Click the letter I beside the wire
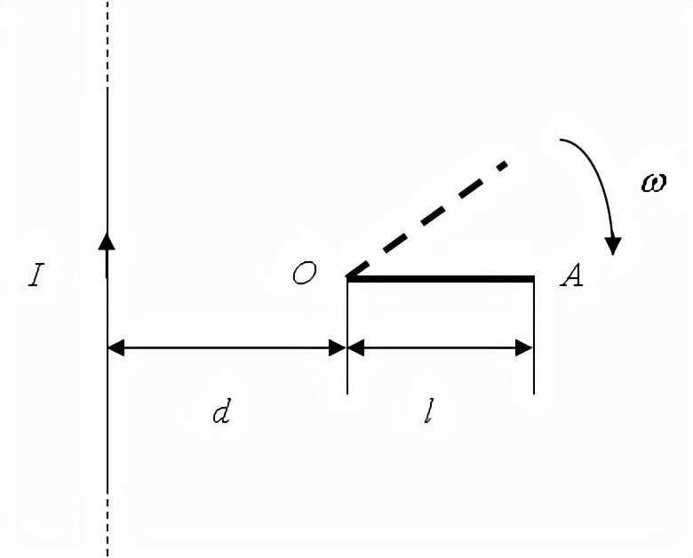pos(36,275)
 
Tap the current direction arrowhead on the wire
pos(108,242)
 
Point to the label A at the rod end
pos(571,276)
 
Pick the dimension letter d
pos(221,412)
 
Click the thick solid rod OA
pos(441,279)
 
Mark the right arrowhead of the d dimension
pos(337,348)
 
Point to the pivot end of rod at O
pos(348,279)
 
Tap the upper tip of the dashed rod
pos(504,164)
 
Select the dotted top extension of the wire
pos(108,40)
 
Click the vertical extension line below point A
pos(533,338)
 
